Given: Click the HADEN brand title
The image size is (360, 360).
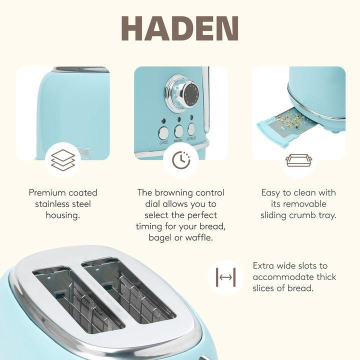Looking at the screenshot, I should click(179, 29).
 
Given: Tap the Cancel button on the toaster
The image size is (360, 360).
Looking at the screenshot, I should click(163, 132).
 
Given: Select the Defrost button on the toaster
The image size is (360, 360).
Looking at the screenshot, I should click(191, 129).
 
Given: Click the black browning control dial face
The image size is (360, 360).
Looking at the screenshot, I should click(190, 93).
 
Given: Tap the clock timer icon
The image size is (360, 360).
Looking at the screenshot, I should click(180, 160).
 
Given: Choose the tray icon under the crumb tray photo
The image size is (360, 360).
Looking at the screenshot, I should click(298, 160).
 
